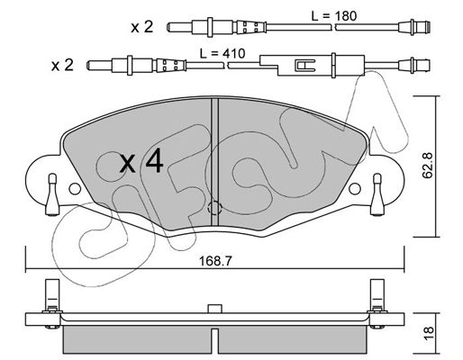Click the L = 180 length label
(x=334, y=16)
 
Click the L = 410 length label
(x=222, y=54)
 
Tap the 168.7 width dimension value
(x=216, y=261)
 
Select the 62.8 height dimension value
(x=427, y=166)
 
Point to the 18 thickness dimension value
(x=429, y=333)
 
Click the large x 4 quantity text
(x=141, y=162)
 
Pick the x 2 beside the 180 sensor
(x=141, y=27)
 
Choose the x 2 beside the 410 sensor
(x=62, y=65)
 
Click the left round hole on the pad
(x=75, y=189)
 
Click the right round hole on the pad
(x=355, y=189)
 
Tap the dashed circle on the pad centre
(x=214, y=207)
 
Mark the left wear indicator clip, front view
(x=52, y=194)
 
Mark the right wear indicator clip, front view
(x=377, y=194)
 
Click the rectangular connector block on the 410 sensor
(x=313, y=65)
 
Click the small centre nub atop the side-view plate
(x=214, y=309)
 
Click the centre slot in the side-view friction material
(x=214, y=341)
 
